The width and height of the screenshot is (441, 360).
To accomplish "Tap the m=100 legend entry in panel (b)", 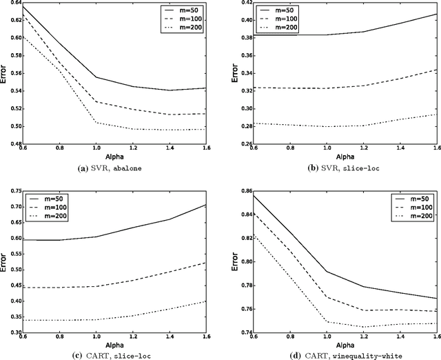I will (x=416, y=19).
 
